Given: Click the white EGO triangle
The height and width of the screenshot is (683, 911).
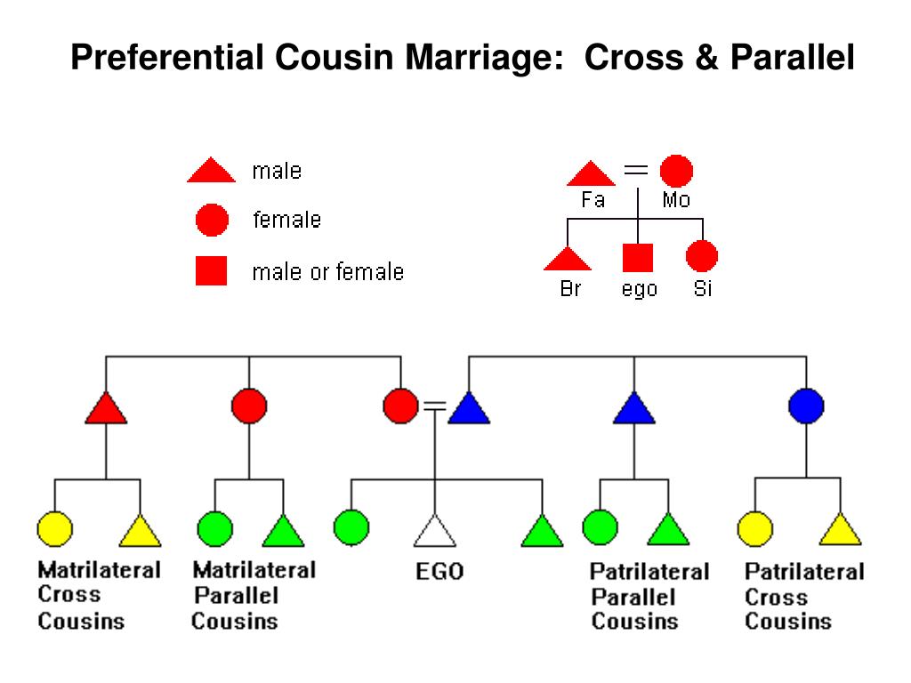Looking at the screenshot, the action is [x=434, y=532].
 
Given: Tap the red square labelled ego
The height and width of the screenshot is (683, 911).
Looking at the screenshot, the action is [x=638, y=257].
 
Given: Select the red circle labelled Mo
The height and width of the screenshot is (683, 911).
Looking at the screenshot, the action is [x=676, y=172].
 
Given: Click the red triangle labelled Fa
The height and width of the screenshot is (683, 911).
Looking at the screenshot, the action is [x=591, y=175].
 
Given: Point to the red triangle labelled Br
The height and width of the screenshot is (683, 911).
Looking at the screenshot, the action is [x=568, y=260].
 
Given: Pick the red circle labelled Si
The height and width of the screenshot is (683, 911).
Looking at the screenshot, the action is [x=702, y=255].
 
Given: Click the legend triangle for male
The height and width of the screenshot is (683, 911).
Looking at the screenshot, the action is [x=211, y=171].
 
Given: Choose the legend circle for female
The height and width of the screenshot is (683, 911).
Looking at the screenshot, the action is [x=212, y=221].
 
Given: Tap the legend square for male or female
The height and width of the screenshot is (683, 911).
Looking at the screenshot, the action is [x=211, y=270].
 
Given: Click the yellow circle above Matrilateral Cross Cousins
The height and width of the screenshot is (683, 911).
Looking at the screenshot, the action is [x=54, y=529].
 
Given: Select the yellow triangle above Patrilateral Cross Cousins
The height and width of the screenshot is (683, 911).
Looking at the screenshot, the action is [x=840, y=531].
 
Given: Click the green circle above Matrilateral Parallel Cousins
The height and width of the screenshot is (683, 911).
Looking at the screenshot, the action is [x=215, y=529].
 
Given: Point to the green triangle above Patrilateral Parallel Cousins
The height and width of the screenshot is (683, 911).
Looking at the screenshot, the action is [x=668, y=531].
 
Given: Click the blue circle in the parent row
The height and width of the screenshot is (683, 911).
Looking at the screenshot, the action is [x=806, y=406].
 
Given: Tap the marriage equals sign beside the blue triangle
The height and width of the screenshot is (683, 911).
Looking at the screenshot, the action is [x=435, y=406].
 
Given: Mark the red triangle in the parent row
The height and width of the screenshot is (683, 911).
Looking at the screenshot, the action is [x=106, y=409].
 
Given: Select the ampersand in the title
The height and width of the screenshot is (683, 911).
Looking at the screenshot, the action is [x=706, y=58].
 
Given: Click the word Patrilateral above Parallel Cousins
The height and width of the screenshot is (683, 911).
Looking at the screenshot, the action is [x=649, y=572].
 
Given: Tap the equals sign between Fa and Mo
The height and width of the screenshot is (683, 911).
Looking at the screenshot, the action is [x=635, y=170].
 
